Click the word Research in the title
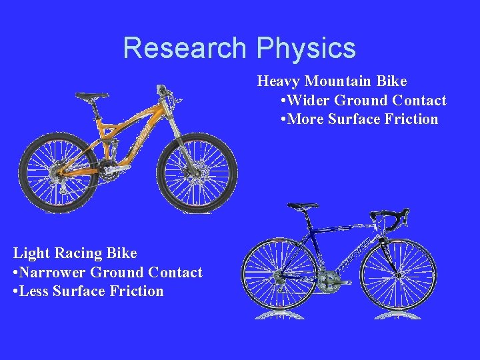point(185,48)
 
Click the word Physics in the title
point(306,48)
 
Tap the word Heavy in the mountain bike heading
point(279,81)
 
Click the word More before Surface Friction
point(306,119)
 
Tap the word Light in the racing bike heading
point(31,253)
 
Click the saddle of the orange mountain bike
point(92,97)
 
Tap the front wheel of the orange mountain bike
point(197,173)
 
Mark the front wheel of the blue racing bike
point(399,273)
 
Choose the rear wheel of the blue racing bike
point(279,273)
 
